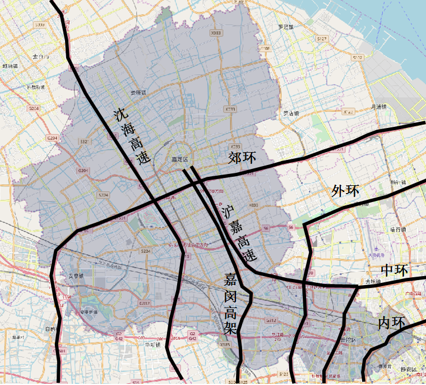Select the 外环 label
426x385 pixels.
(345, 191)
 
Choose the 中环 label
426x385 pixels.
(393, 270)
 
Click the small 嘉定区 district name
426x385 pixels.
(180, 160)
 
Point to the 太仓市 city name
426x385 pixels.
(41, 57)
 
